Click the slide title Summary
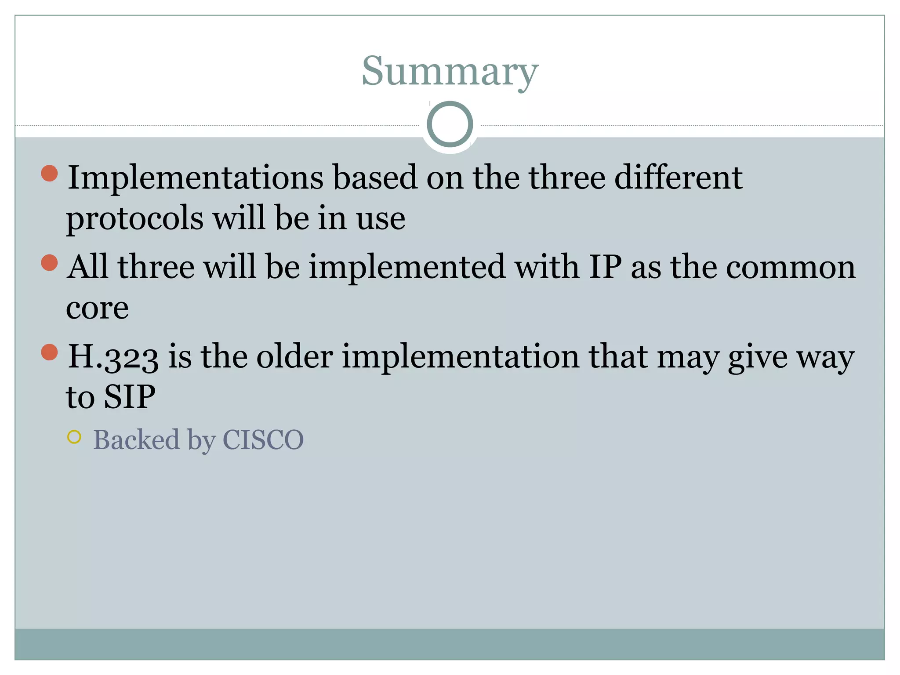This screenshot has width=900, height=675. (450, 72)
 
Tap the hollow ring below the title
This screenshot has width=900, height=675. (450, 124)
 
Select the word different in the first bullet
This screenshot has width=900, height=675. (678, 178)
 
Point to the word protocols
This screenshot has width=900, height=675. (134, 218)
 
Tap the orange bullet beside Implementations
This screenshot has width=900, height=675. (49, 173)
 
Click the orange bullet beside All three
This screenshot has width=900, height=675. (49, 263)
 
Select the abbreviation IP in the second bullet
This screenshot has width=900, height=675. (605, 267)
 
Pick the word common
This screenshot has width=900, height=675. (791, 267)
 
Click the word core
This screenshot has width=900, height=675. (97, 308)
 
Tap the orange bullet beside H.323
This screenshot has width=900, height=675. (49, 352)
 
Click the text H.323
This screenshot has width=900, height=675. (113, 356)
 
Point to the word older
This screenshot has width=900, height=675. (294, 356)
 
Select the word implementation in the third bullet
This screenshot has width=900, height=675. (461, 356)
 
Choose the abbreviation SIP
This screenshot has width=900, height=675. (129, 397)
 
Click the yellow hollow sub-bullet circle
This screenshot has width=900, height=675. (74, 437)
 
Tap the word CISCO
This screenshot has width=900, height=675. (263, 439)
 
